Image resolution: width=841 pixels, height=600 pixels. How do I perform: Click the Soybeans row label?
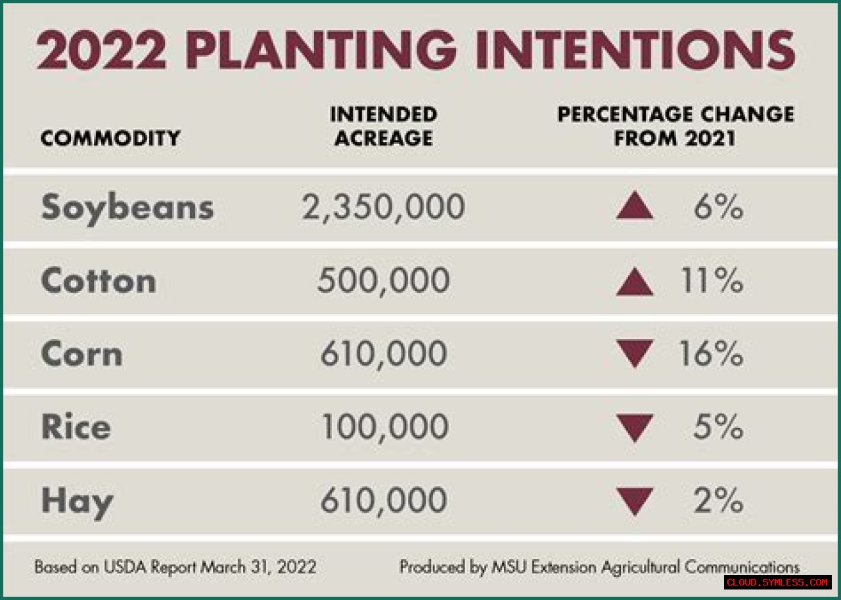point(127,208)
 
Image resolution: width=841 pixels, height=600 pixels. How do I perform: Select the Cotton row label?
point(99,281)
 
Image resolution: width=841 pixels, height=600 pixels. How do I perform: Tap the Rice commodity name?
point(76,427)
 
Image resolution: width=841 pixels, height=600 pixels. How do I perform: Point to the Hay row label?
point(77,502)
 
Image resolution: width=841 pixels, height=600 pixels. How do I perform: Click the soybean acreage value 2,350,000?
point(383,208)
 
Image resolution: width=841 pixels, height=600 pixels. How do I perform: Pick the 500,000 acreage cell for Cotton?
point(383,281)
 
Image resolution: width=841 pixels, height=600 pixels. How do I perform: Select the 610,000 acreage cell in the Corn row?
point(383,355)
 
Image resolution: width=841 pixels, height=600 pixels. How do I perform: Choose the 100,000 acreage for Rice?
point(384,427)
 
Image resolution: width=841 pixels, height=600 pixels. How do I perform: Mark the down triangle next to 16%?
point(635,353)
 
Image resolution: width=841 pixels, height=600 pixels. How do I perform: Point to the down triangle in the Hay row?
point(635,500)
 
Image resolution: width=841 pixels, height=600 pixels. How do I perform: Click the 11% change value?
point(712,281)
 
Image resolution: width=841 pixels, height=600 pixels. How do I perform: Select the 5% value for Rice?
point(717,427)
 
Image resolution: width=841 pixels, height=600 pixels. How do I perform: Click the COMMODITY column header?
point(110,139)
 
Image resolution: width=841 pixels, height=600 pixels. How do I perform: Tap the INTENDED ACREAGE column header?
point(383,126)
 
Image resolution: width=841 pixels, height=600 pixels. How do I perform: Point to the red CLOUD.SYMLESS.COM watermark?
point(778,582)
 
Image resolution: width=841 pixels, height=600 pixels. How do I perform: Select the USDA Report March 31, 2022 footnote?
point(175,566)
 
